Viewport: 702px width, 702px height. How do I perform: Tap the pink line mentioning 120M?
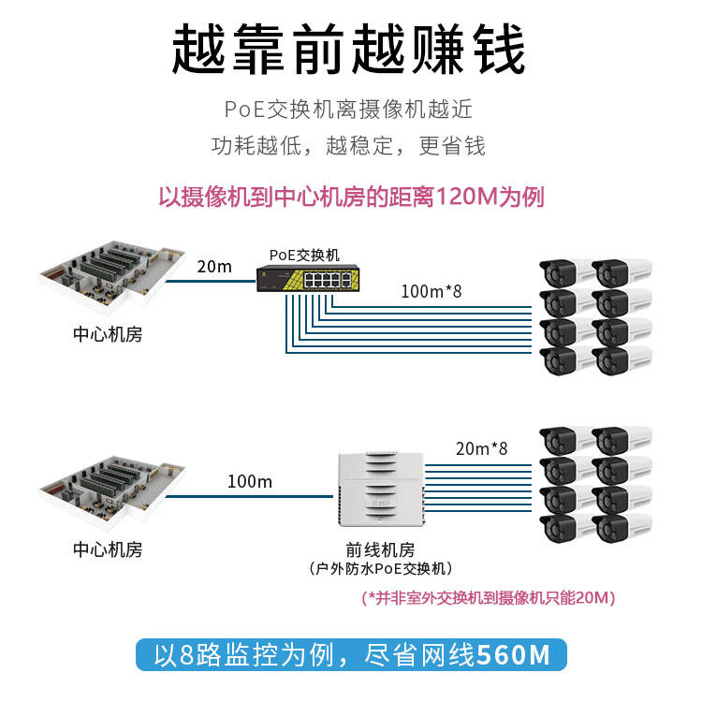[350, 197]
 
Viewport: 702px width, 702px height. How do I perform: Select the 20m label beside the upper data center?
[214, 266]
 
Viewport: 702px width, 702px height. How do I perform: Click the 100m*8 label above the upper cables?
[431, 290]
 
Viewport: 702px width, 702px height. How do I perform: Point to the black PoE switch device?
[307, 277]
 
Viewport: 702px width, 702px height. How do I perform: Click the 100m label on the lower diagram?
[250, 481]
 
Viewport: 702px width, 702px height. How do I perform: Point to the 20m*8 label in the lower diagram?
[481, 448]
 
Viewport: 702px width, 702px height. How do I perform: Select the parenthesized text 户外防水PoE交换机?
[380, 569]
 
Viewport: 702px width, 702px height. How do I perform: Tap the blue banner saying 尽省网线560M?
[350, 653]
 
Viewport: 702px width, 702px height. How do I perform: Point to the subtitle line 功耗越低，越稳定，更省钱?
[348, 146]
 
